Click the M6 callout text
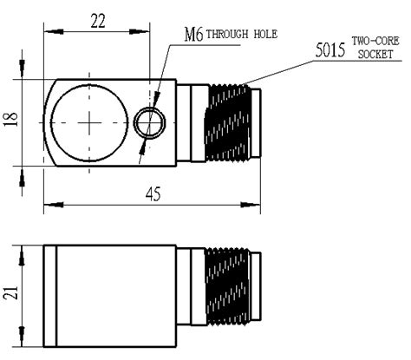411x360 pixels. tap(193, 35)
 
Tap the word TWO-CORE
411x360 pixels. tap(375, 42)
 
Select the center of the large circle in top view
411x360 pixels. tap(88, 123)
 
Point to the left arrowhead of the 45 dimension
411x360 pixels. tap(48, 205)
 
